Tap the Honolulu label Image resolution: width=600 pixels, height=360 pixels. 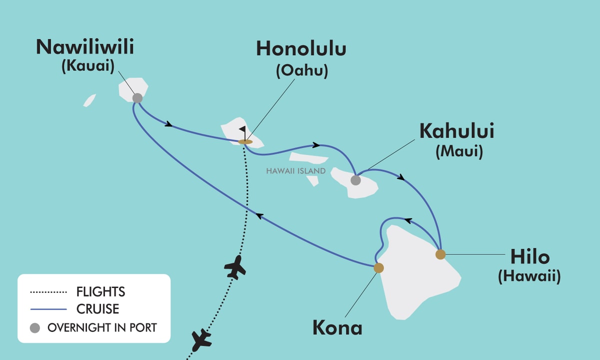(x=301, y=49)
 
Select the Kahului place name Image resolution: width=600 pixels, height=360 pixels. (x=457, y=131)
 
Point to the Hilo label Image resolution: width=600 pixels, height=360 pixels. (x=529, y=257)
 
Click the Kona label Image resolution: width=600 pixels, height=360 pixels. (x=337, y=328)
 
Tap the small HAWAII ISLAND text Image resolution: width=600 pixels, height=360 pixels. (x=296, y=171)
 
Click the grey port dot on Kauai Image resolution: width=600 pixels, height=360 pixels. (x=137, y=98)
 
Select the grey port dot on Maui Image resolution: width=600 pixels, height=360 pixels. (x=355, y=180)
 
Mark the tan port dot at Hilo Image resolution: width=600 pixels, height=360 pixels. (x=440, y=254)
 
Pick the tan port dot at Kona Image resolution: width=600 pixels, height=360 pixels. (x=378, y=268)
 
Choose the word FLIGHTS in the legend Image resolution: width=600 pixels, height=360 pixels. (x=100, y=291)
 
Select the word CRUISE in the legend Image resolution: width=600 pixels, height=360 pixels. (x=98, y=309)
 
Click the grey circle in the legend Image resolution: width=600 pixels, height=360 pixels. (x=35, y=328)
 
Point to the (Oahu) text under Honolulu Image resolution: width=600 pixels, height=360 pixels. (x=301, y=71)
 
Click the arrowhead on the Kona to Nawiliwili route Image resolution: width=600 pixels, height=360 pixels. (x=258, y=215)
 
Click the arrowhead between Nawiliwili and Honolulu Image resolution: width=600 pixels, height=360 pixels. (x=169, y=123)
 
